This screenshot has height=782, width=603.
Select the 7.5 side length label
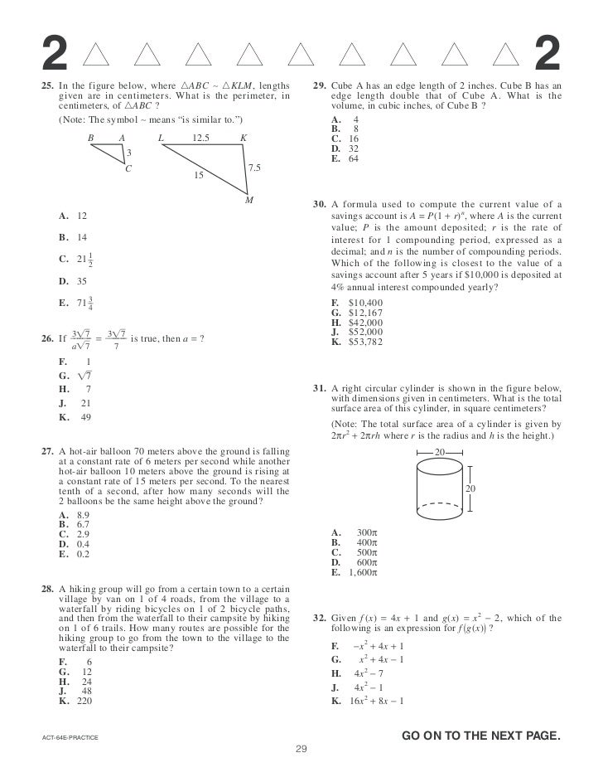point(254,168)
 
